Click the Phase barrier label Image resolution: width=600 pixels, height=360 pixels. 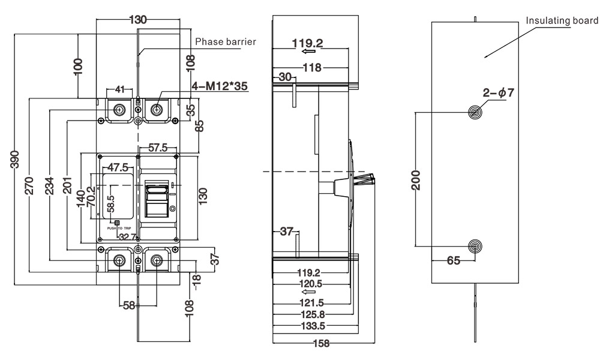[226, 41]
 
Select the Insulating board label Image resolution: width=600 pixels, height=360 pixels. [562, 21]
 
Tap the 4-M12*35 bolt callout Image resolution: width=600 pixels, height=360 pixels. [219, 86]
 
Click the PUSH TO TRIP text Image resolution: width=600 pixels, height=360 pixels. [118, 229]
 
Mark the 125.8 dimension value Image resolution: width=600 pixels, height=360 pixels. [313, 314]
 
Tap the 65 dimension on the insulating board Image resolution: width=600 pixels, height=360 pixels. [454, 262]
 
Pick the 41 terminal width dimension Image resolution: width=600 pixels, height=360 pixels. [119, 89]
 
